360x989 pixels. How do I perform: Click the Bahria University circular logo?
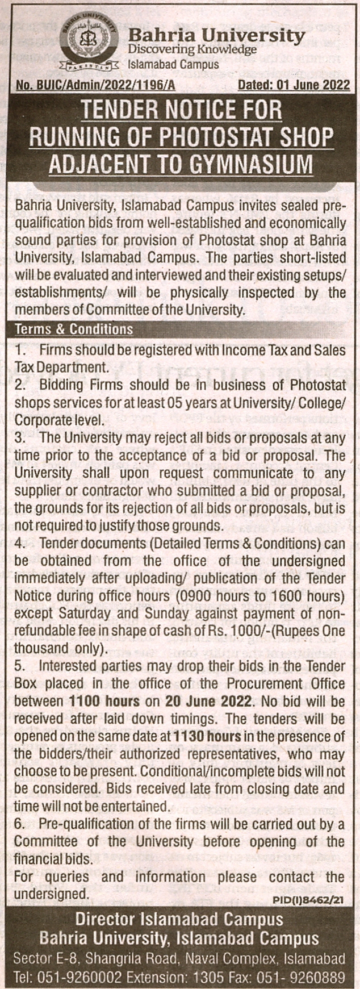89,41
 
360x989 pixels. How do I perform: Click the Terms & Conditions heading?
74,329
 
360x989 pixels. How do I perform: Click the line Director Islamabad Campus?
179,919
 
